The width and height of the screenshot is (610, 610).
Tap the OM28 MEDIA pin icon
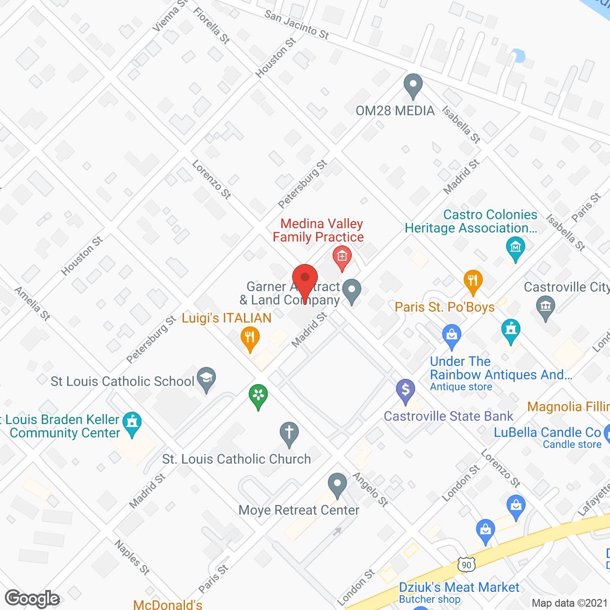(x=413, y=86)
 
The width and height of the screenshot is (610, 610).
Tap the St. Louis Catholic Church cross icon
(x=289, y=434)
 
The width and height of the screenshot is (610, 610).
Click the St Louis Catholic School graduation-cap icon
(x=206, y=379)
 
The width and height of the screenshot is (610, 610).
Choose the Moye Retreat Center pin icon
(x=337, y=485)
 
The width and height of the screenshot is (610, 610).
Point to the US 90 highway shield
(x=467, y=565)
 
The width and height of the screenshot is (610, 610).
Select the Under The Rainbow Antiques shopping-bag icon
(x=451, y=335)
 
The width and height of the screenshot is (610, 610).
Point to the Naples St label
(x=132, y=557)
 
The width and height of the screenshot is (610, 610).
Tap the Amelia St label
(x=32, y=304)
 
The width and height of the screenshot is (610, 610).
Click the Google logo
(x=32, y=599)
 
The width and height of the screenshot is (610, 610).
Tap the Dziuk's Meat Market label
(x=458, y=588)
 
